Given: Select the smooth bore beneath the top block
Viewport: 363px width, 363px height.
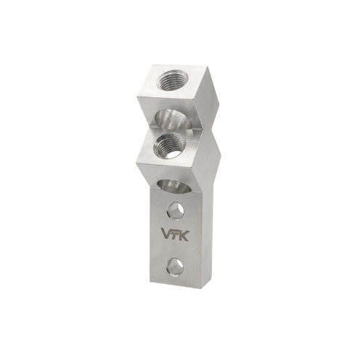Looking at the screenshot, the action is [174, 118].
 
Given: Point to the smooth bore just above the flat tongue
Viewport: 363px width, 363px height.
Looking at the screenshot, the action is [174, 187].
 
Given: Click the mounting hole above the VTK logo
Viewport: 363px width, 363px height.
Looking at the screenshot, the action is [176, 211].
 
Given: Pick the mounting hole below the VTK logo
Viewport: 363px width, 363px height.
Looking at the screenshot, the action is [176, 266].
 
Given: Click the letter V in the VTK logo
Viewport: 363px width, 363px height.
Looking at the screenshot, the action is [167, 234].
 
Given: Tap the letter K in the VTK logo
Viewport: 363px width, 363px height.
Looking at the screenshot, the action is [183, 234].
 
